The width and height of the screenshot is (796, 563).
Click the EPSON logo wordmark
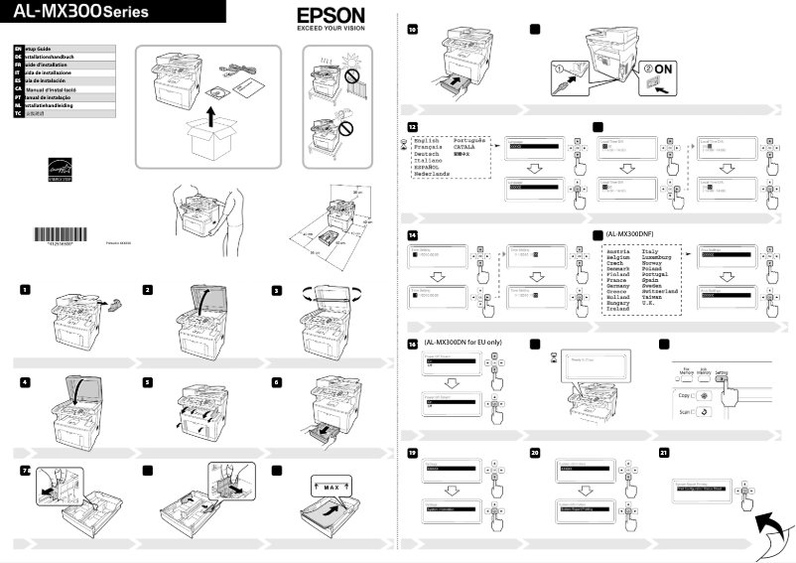[331, 17]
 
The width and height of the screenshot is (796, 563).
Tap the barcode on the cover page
[65, 234]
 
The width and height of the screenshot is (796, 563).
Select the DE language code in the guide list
[18, 58]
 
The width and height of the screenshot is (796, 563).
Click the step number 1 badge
[22, 289]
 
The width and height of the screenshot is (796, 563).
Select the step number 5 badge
[148, 381]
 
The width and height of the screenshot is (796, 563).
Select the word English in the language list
[426, 141]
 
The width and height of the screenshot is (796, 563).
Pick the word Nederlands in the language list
[432, 173]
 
